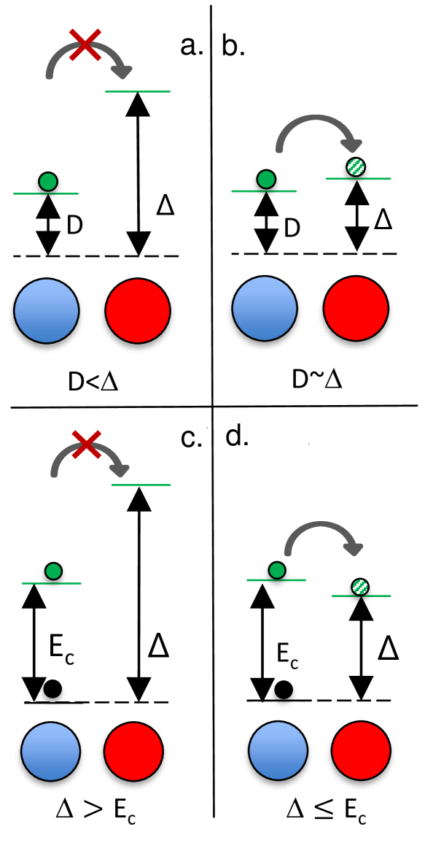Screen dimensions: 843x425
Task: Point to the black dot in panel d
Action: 285,688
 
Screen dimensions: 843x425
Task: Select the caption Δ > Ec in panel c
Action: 95,807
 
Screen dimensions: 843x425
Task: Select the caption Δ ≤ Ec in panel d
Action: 324,807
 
